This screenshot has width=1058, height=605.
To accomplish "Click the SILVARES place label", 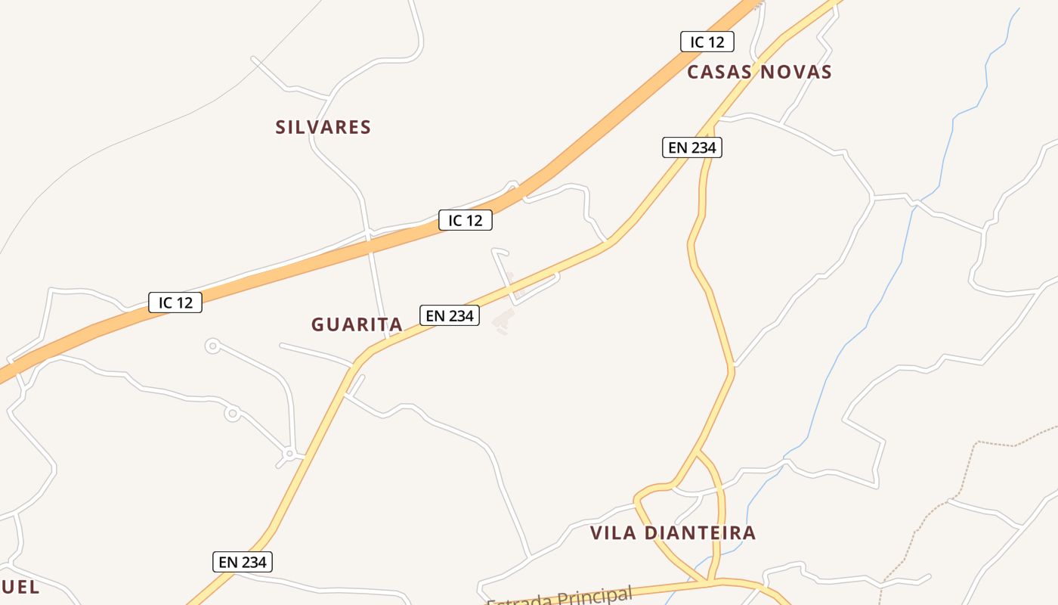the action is [x=323, y=127].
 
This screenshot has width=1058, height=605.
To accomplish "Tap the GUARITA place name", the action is [x=357, y=324].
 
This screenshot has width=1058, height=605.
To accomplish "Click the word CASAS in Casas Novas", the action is [x=720, y=72].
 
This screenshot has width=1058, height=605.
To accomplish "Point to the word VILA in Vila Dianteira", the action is [x=613, y=532].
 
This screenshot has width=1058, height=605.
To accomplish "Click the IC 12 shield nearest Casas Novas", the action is [x=707, y=42].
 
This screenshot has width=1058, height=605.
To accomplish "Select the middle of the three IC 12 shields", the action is [x=466, y=220].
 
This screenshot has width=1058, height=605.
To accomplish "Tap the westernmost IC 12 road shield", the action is [x=175, y=302].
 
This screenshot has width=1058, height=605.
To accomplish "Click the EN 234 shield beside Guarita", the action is [x=450, y=315].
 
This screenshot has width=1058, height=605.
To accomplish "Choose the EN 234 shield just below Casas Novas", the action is [x=692, y=147].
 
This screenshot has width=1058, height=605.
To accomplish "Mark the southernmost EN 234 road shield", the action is [x=242, y=562].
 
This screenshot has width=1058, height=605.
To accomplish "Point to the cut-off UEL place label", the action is [x=20, y=587].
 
